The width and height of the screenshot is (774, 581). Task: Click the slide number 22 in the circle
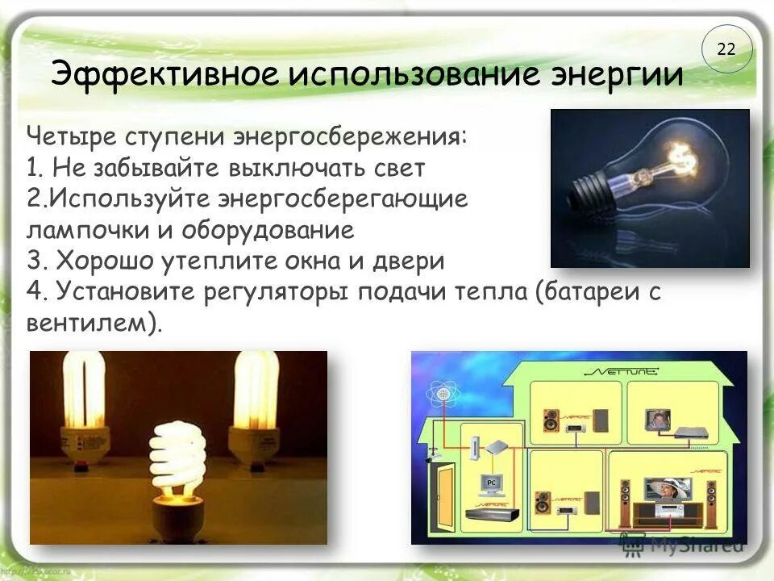click(x=726, y=49)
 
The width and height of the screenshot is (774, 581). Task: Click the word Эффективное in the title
click(x=165, y=75)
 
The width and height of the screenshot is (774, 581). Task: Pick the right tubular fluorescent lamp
click(x=256, y=403)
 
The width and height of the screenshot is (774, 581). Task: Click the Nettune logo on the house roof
click(x=622, y=372)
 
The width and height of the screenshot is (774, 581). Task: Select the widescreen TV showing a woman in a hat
click(x=667, y=487)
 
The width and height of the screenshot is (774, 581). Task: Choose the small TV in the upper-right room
click(x=655, y=420)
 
